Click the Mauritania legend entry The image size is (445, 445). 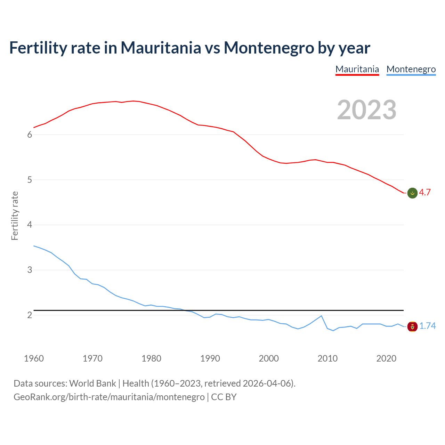click(357, 69)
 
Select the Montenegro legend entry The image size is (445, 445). click(411, 69)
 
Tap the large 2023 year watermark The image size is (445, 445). click(367, 110)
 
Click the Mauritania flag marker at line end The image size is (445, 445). click(412, 193)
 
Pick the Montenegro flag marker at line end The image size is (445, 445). click(412, 326)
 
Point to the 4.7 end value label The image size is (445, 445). click(425, 193)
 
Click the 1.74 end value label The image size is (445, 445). click(427, 326)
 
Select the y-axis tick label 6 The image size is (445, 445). click(30, 135)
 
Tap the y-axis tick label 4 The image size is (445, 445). click(30, 225)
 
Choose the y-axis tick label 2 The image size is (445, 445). click(30, 315)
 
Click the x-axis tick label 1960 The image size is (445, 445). click(34, 358)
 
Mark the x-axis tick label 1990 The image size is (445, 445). click(210, 358)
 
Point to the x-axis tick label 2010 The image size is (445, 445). click(327, 358)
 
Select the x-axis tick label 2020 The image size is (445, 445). click(386, 358)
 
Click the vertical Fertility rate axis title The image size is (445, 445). click(15, 216)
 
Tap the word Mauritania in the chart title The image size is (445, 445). click(161, 48)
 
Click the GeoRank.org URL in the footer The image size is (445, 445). click(109, 397)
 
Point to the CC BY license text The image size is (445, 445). click(224, 397)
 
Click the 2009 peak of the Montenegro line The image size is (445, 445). click(322, 316)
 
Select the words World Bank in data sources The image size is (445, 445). click(92, 383)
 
